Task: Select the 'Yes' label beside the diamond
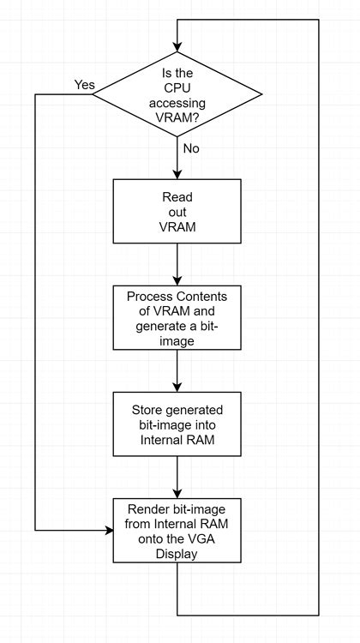click(x=85, y=85)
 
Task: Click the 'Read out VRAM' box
click(x=177, y=211)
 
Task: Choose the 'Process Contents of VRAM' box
click(x=177, y=316)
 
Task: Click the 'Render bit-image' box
click(x=177, y=529)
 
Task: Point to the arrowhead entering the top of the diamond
click(x=177, y=45)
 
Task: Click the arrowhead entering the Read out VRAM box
click(x=177, y=174)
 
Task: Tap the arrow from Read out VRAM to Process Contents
click(x=177, y=263)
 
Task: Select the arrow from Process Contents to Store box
click(x=177, y=370)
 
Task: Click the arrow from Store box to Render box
click(x=177, y=476)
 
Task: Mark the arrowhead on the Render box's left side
click(x=109, y=530)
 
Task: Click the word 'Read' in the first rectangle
click(x=177, y=196)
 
